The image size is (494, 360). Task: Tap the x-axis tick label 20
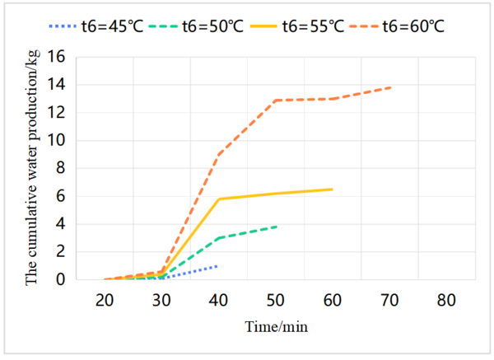pyautogui.click(x=105, y=302)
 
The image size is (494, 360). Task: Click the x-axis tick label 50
pyautogui.click(x=276, y=302)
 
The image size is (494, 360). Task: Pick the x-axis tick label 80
pyautogui.click(x=446, y=302)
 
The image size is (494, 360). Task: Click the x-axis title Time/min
pyautogui.click(x=276, y=326)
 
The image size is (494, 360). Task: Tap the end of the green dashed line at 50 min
pyautogui.click(x=276, y=227)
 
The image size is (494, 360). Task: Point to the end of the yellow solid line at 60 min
pyautogui.click(x=333, y=189)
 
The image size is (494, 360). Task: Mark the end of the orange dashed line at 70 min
pyautogui.click(x=389, y=87)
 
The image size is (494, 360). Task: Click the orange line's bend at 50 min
pyautogui.click(x=276, y=100)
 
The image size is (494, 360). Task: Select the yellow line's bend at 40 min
pyautogui.click(x=219, y=199)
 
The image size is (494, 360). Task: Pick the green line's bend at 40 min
pyautogui.click(x=219, y=238)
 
